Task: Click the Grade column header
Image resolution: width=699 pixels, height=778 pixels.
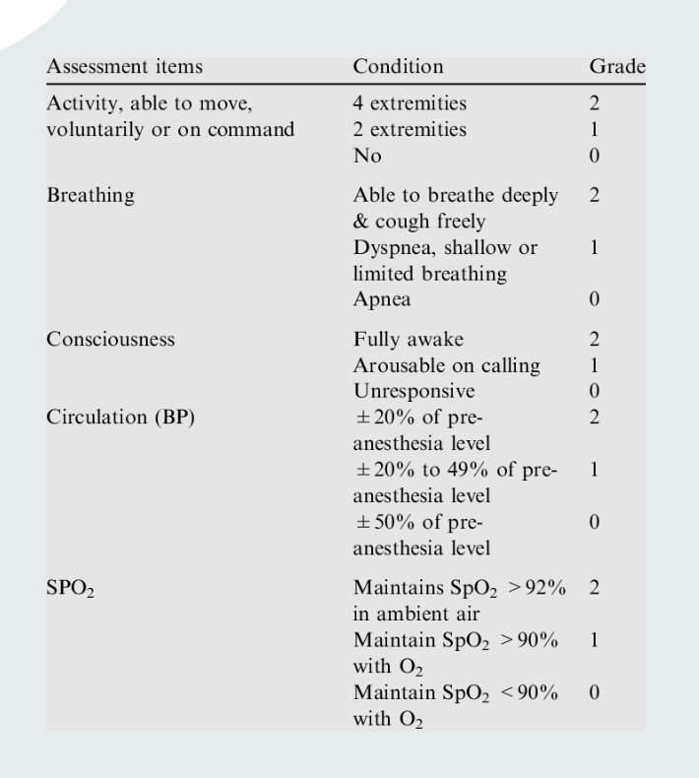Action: [x=616, y=67]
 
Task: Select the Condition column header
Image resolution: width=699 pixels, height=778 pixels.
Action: [x=398, y=67]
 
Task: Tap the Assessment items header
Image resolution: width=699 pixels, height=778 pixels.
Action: [x=125, y=67]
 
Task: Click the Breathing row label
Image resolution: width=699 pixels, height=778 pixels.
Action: [x=91, y=195]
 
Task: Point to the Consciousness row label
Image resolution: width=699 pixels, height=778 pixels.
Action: [x=110, y=339]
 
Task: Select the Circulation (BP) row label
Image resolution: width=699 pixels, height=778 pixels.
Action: [x=120, y=417]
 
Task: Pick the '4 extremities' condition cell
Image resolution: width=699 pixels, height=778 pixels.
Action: [x=410, y=102]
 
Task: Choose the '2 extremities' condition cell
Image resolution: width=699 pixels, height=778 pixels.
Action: [x=410, y=129]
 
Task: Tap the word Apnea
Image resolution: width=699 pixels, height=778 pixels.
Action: [x=382, y=299]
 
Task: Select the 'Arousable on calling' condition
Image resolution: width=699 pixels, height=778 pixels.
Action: [x=446, y=365]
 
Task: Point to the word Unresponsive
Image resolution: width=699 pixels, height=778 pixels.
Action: [x=413, y=391]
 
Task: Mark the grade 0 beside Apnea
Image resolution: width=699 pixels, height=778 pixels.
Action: [x=594, y=299]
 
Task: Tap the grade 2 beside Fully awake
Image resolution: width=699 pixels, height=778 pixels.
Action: [x=594, y=339]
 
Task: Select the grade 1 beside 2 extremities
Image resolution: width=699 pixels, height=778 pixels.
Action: [x=594, y=129]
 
